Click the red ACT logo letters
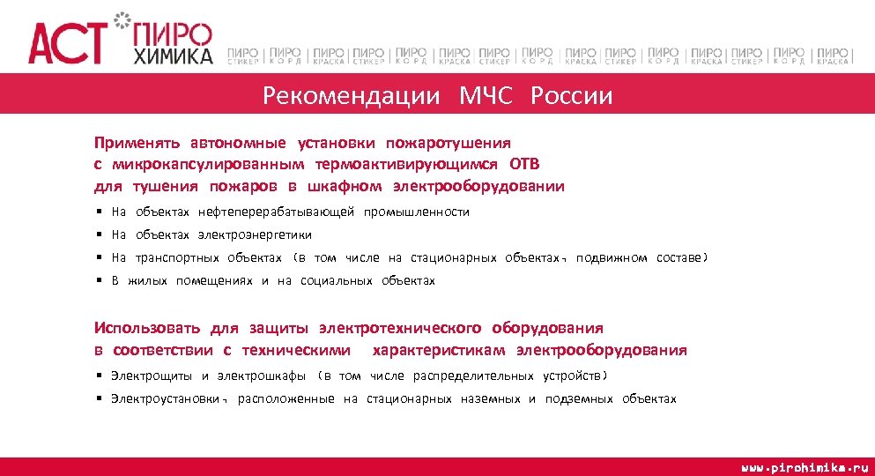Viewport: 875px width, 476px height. [67, 42]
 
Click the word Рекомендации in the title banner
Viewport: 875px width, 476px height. [351, 95]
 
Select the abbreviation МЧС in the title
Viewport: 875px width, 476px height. [485, 95]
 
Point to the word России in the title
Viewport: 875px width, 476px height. [571, 95]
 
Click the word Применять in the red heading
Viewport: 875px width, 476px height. [137, 142]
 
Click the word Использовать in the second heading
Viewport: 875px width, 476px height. [147, 328]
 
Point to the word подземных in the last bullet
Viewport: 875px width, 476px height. [578, 398]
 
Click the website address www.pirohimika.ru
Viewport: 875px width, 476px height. [805, 465]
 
